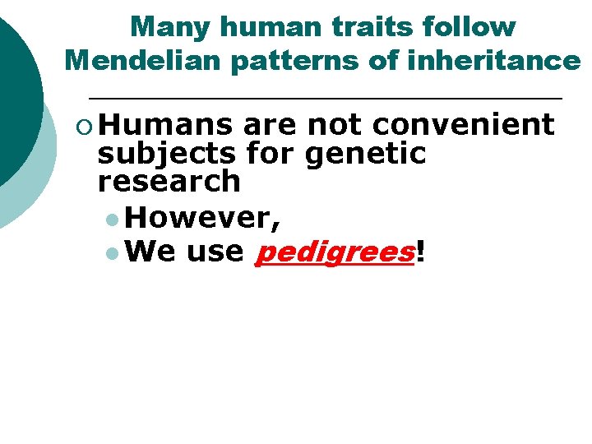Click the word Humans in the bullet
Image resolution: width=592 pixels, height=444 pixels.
click(x=169, y=125)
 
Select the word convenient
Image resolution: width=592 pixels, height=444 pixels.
click(x=464, y=125)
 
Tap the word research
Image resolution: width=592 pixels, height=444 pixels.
click(x=169, y=181)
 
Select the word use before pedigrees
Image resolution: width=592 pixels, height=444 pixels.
click(x=215, y=252)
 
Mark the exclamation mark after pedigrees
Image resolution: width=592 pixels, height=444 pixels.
click(x=421, y=251)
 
